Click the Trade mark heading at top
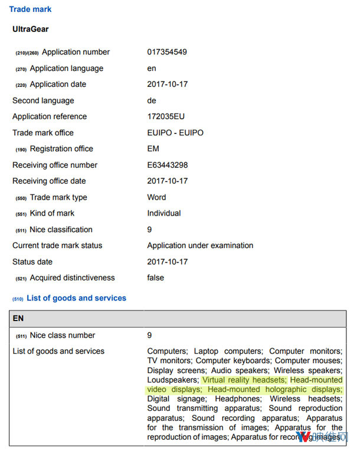pyautogui.click(x=30, y=9)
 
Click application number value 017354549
pyautogui.click(x=167, y=52)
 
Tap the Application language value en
pyautogui.click(x=152, y=68)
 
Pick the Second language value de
pyautogui.click(x=152, y=100)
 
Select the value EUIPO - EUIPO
pyautogui.click(x=175, y=133)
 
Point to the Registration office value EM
pyautogui.click(x=153, y=149)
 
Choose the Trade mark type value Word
pyautogui.click(x=156, y=197)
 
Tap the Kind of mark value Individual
pyautogui.click(x=164, y=213)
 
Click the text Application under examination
pyautogui.click(x=200, y=246)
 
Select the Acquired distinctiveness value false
pyautogui.click(x=156, y=277)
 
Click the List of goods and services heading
pyautogui.click(x=76, y=298)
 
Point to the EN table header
pyautogui.click(x=18, y=318)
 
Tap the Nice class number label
pyautogui.click(x=63, y=335)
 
